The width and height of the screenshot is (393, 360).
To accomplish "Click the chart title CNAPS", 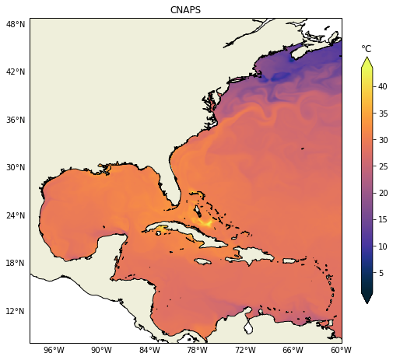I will (185, 10).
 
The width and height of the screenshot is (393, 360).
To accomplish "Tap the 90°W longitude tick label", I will (102, 351).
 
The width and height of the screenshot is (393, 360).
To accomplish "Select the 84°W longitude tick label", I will (149, 351).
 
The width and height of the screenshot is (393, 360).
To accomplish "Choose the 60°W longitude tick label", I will (341, 351).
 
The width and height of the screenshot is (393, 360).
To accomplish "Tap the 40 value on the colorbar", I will (383, 87).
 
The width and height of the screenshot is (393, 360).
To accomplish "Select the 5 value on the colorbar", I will (381, 273).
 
